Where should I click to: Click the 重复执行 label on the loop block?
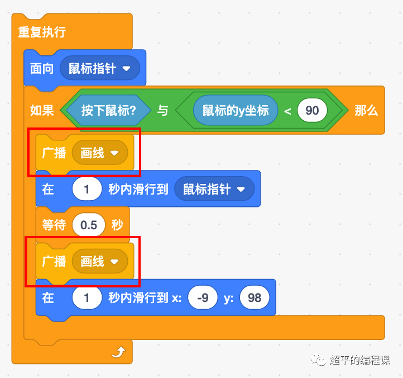pyautogui.click(x=42, y=32)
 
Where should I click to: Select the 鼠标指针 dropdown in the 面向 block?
pyautogui.click(x=99, y=69)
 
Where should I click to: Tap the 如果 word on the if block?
pyautogui.click(x=42, y=110)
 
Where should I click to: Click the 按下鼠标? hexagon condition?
pyautogui.click(x=109, y=110)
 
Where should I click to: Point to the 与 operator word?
pyautogui.click(x=162, y=110)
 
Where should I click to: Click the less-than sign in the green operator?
pyautogui.click(x=287, y=111)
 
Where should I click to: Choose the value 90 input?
pyautogui.click(x=312, y=110)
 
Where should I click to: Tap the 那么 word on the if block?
pyautogui.click(x=366, y=110)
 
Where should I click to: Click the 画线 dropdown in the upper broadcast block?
pyautogui.click(x=99, y=153)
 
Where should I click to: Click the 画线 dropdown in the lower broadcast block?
pyautogui.click(x=99, y=261)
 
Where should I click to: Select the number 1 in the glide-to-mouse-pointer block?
pyautogui.click(x=87, y=189)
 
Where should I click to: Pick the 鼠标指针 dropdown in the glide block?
pyautogui.click(x=214, y=189)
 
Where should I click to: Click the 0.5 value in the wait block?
pyautogui.click(x=89, y=225)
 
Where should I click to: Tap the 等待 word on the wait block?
pyautogui.click(x=54, y=225)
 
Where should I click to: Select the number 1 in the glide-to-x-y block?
pyautogui.click(x=87, y=297)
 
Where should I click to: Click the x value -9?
pyautogui.click(x=203, y=297)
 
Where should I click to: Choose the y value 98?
pyautogui.click(x=255, y=297)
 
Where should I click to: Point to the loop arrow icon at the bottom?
pyautogui.click(x=118, y=352)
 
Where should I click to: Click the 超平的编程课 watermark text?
pyautogui.click(x=359, y=360)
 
